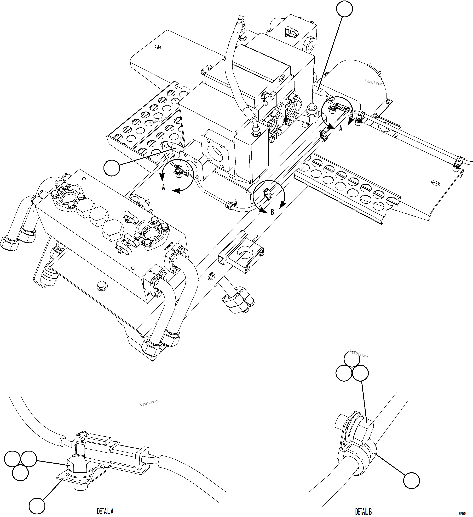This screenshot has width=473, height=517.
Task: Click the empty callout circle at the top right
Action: (x=344, y=9)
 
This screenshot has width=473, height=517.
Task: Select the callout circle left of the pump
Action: (x=112, y=168)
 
